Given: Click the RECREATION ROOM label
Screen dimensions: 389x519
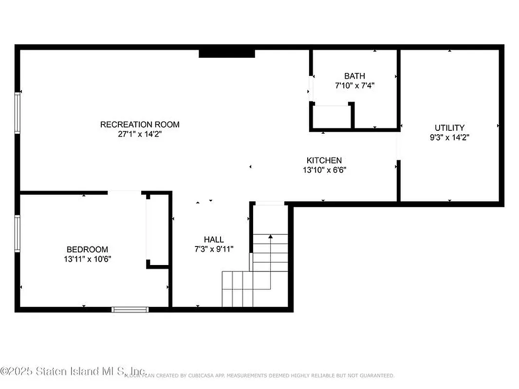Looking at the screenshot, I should click(x=140, y=124).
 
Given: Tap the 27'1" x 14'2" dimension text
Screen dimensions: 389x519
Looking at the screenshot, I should click(x=140, y=134).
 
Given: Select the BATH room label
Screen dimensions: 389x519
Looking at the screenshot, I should click(x=354, y=76).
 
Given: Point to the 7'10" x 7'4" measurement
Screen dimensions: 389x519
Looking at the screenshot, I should click(x=354, y=85).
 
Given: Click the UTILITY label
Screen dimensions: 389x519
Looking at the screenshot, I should click(x=449, y=128).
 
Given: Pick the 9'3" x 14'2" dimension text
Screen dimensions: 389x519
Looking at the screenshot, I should click(x=449, y=138).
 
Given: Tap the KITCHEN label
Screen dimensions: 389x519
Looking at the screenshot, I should click(x=324, y=160).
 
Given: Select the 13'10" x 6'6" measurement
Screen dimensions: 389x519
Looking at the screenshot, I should click(x=324, y=170).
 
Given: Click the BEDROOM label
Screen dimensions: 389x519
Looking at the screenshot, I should click(x=88, y=249).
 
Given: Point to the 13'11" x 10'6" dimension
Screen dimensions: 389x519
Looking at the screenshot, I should click(x=88, y=259).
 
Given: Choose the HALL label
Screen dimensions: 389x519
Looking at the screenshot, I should click(x=214, y=240).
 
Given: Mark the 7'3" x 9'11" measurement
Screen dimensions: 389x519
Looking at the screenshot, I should click(x=214, y=249).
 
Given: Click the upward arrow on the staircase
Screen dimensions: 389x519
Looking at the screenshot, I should click(x=271, y=237).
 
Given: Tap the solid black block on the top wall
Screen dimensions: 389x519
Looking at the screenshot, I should click(x=227, y=53).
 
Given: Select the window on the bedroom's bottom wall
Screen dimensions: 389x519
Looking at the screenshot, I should click(x=130, y=309).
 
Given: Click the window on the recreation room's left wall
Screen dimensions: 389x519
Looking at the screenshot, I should click(x=18, y=113).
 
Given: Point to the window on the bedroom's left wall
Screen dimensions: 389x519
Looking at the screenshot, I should click(x=18, y=233).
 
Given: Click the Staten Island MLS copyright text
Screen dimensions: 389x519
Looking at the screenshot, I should click(x=73, y=371).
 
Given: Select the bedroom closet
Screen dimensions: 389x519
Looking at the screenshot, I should click(x=157, y=229).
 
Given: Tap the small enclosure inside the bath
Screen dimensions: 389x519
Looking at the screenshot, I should click(x=331, y=117).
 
